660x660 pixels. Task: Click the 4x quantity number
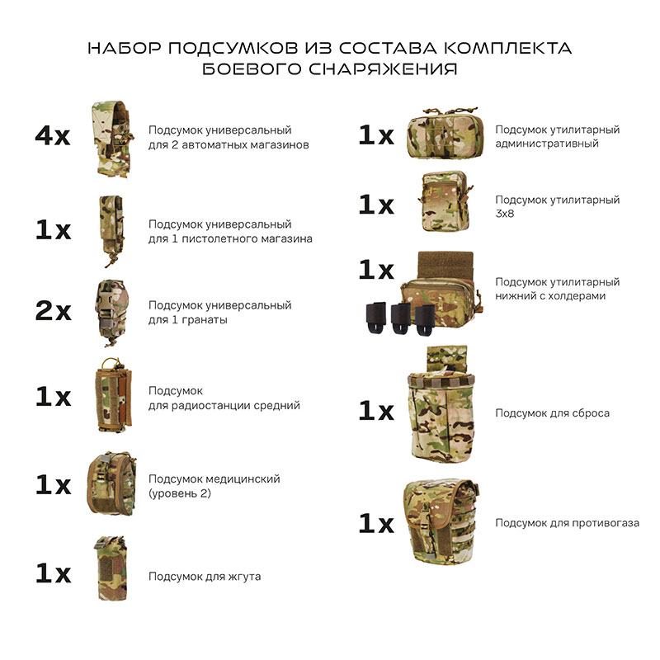tap(53, 136)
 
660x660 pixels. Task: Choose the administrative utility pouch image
tap(443, 134)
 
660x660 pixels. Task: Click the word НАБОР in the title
tap(123, 49)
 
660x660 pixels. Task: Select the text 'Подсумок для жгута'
tap(205, 577)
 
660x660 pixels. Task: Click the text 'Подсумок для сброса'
tap(552, 412)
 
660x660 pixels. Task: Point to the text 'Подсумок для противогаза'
tap(567, 523)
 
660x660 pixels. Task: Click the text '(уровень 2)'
tap(180, 493)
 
